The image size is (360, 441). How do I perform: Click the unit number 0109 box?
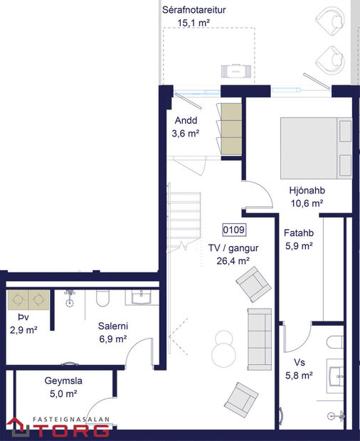pyautogui.click(x=234, y=230)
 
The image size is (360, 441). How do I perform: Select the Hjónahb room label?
pyautogui.click(x=307, y=191)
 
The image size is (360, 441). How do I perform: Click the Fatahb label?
pyautogui.click(x=299, y=233)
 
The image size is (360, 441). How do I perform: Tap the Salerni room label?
pyautogui.click(x=112, y=327)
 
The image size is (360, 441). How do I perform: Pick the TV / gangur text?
pyautogui.click(x=233, y=248)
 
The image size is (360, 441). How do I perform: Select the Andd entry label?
pyautogui.click(x=185, y=119)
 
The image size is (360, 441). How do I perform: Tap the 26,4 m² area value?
pyautogui.click(x=233, y=261)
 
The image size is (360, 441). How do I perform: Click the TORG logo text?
pyautogui.click(x=70, y=429)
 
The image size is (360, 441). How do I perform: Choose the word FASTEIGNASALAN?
pyautogui.click(x=73, y=418)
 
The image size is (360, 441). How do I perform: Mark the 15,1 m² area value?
pyautogui.click(x=194, y=23)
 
